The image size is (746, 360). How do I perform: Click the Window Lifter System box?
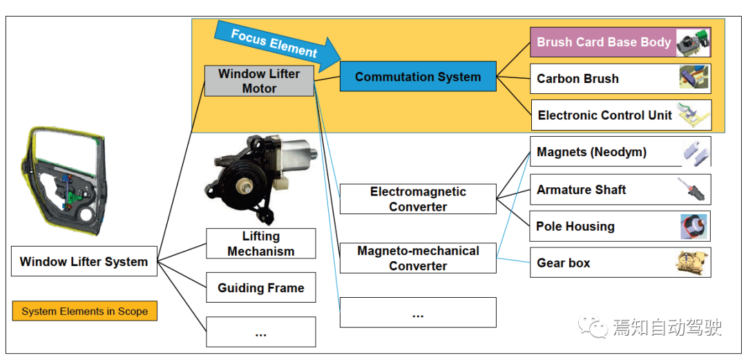84,261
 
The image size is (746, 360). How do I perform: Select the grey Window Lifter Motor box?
259,81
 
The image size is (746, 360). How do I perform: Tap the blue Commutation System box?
418,76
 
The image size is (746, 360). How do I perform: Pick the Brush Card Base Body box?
620,42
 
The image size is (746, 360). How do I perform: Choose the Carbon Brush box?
620,79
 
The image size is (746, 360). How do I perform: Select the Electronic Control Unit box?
621,115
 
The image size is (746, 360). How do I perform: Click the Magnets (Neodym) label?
591,152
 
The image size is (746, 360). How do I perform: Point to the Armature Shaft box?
620,189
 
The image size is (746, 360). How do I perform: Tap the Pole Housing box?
620,226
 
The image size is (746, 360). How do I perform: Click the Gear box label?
564,263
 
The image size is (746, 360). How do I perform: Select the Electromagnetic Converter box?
418,199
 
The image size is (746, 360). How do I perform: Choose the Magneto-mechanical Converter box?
418,258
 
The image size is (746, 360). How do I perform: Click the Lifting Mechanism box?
260,243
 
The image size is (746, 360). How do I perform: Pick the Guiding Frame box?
260,287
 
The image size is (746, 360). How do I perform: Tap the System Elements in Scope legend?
85,312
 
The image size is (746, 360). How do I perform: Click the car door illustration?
63,182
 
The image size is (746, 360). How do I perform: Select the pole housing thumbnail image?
694,226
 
